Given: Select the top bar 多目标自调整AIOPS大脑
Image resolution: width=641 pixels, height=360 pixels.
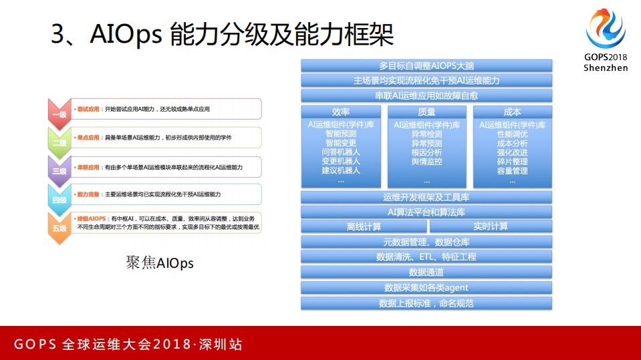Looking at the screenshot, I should tap(426, 65).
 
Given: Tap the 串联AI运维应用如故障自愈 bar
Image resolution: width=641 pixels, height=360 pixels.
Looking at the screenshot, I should tap(426, 96).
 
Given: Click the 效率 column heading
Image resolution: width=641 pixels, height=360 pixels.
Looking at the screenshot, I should tap(341, 112).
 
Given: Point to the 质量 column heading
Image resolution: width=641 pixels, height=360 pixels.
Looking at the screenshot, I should tap(426, 112).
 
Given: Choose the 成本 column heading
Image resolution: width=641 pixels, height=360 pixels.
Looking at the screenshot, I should tap(512, 112).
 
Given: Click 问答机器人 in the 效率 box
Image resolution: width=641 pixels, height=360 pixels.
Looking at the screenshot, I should tap(341, 152).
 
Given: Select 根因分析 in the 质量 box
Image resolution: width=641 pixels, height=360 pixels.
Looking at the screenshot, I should tap(426, 152).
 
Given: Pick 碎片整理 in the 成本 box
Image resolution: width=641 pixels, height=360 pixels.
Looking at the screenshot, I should tap(512, 162).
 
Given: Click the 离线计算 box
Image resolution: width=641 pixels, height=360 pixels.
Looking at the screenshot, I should tap(364, 226).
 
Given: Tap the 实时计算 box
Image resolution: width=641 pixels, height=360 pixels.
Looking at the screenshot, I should tap(491, 226).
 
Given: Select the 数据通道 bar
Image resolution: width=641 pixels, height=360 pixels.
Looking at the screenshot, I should tap(426, 272).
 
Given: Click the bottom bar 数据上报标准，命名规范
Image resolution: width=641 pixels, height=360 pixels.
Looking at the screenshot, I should tap(426, 303).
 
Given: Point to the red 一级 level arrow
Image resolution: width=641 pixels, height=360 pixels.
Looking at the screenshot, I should tap(59, 112).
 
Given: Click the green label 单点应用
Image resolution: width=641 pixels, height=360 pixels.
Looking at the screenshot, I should tap(88, 138).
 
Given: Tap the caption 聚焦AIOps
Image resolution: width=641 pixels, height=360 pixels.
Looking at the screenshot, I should tap(159, 263).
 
